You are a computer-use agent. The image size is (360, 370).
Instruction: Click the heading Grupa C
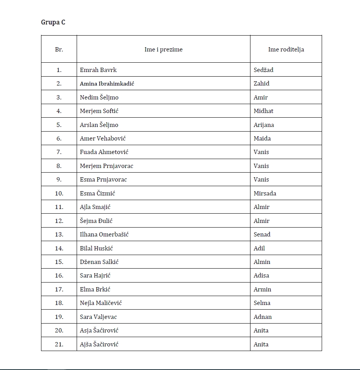pos(53,22)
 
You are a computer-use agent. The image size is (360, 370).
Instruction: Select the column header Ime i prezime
pos(163,50)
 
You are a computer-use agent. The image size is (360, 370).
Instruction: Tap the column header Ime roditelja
pos(286,50)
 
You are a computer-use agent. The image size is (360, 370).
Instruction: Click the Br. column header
pos(59,50)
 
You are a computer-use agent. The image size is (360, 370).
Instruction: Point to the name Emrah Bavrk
pos(98,70)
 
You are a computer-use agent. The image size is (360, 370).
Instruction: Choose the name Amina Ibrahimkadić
pos(107,84)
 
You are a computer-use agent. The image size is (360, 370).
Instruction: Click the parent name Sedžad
pos(264,70)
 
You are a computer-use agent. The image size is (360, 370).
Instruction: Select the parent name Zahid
pos(262,84)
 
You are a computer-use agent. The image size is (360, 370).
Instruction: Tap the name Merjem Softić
pos(99,111)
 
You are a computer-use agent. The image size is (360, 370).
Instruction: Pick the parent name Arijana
pos(264,125)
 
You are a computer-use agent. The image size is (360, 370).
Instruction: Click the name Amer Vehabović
pos(103,139)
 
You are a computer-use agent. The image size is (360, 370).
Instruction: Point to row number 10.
pos(59,194)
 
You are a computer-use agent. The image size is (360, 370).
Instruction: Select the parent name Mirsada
pos(265,194)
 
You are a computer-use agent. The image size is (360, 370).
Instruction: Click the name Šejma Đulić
pos(96,221)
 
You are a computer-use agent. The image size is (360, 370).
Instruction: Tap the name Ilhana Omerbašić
pos(104,235)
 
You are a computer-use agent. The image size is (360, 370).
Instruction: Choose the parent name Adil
pos(259,248)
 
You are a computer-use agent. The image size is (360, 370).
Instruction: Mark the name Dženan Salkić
pos(99,262)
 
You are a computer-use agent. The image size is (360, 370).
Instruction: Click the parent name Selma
pos(262,303)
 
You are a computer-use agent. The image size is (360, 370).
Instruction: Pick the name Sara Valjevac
pos(98,317)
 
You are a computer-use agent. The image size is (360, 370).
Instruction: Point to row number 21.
pos(59,344)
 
